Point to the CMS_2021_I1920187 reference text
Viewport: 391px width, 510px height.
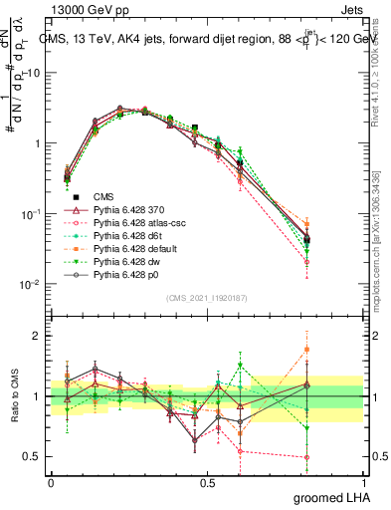click(x=207, y=297)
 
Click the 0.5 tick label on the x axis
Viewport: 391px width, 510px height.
click(x=207, y=482)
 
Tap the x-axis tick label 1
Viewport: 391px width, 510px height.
click(x=363, y=482)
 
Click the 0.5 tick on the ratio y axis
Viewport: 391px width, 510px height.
click(x=33, y=457)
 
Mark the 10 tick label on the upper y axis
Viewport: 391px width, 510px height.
click(x=33, y=74)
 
